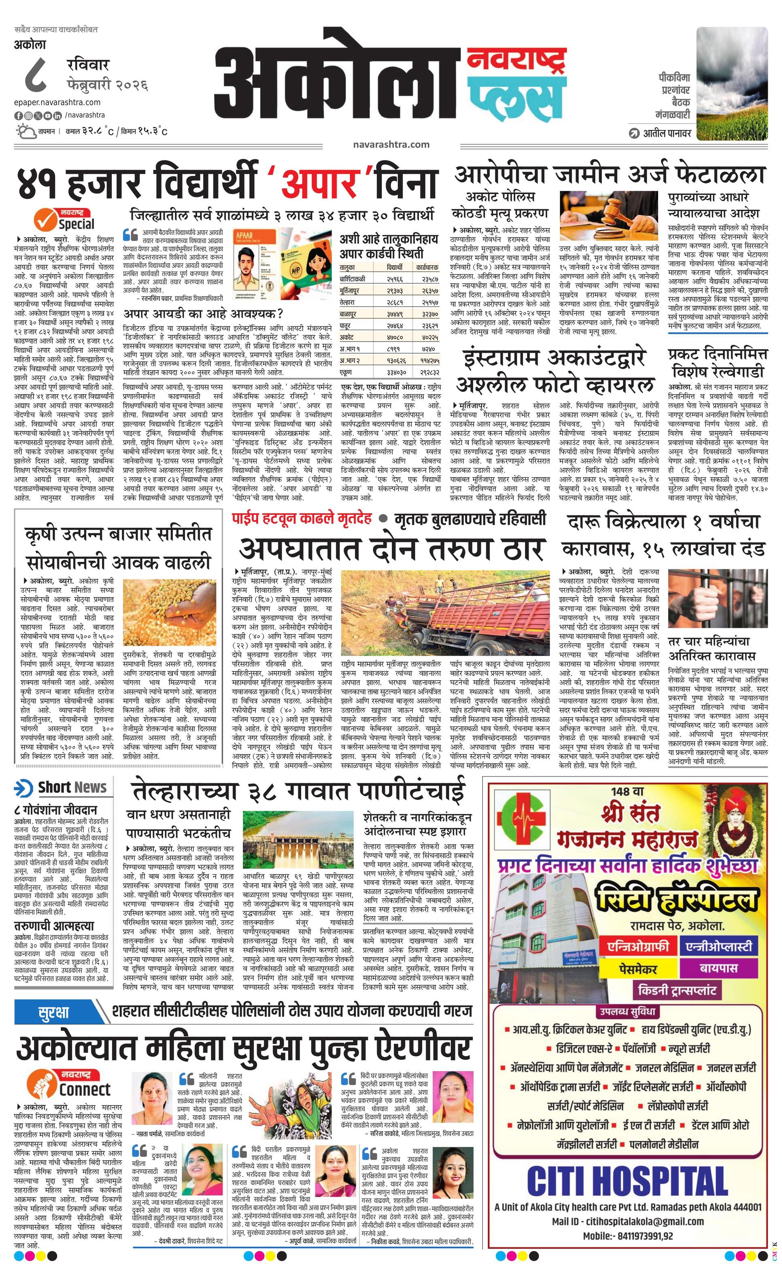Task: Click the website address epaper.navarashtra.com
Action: click(x=57, y=102)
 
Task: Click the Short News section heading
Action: click(x=72, y=788)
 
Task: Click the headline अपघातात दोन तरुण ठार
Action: click(x=392, y=549)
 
